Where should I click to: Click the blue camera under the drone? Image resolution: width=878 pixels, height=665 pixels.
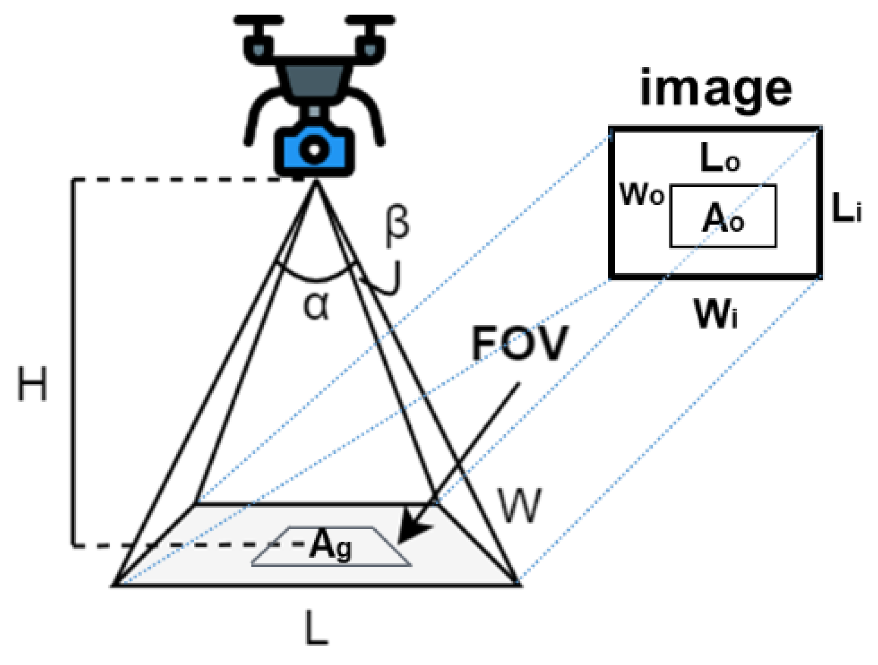(x=314, y=150)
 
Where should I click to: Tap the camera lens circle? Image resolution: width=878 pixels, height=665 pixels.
(x=314, y=149)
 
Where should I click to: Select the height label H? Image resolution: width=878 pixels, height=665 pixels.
(x=32, y=384)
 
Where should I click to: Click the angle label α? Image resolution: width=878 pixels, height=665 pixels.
(x=317, y=306)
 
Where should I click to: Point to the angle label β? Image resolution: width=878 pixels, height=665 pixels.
(x=397, y=226)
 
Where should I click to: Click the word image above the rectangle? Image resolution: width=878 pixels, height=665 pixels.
(x=715, y=89)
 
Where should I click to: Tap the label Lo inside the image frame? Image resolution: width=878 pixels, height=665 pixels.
(x=719, y=158)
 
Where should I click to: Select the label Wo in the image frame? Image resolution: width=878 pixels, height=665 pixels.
(x=642, y=195)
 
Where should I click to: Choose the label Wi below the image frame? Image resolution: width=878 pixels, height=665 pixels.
(x=715, y=314)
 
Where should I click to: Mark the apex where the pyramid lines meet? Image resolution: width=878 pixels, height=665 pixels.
(x=315, y=182)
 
